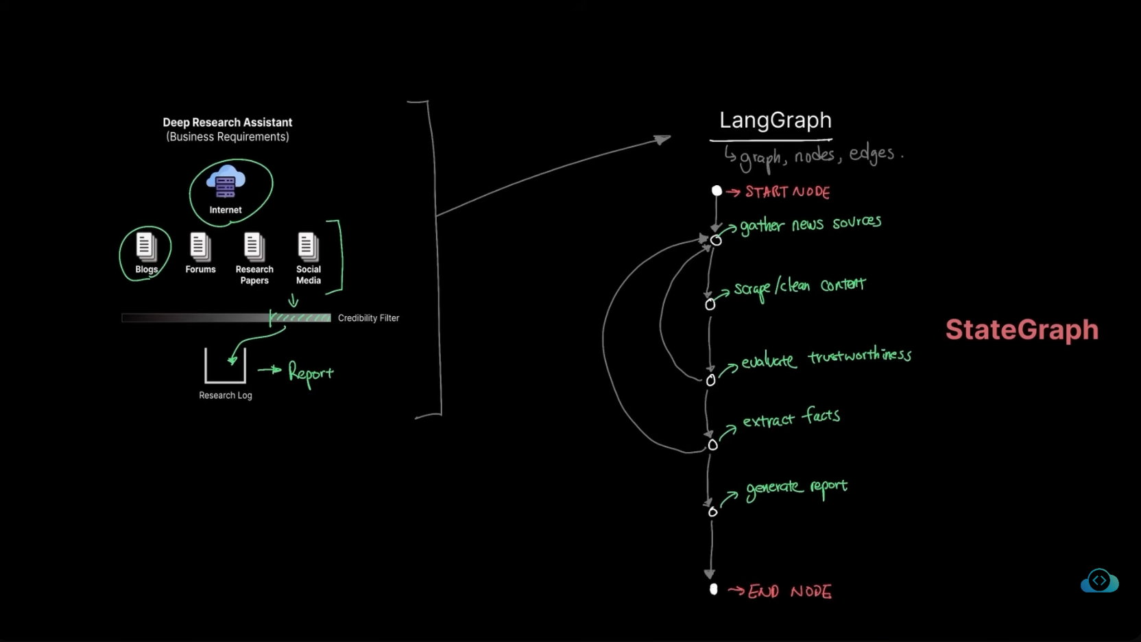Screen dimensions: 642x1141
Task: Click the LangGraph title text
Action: [775, 121]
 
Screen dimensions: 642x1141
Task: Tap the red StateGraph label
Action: [1022, 330]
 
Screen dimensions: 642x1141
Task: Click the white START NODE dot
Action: [717, 191]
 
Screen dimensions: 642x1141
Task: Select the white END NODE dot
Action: [713, 589]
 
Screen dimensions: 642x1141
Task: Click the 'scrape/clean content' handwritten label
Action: [800, 287]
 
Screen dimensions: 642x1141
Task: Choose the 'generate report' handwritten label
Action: [796, 488]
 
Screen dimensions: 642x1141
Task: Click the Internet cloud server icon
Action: [226, 181]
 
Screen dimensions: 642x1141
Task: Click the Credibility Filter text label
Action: [368, 318]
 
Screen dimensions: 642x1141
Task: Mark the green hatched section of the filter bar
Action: [300, 318]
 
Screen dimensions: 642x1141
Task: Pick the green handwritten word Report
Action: [310, 372]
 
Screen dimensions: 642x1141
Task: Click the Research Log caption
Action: [226, 396]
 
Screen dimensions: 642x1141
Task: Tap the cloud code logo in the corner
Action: [1099, 581]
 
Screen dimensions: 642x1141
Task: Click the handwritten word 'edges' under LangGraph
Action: [872, 154]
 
